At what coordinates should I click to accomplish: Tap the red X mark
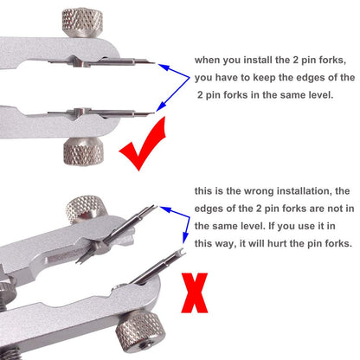click(x=195, y=292)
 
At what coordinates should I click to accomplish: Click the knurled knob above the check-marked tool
click(x=82, y=22)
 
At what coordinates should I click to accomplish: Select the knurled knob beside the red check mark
click(x=83, y=151)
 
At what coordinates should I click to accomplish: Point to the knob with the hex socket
click(x=141, y=332)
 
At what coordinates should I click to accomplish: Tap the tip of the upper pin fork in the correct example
click(x=155, y=63)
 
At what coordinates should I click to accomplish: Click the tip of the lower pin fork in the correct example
click(x=154, y=112)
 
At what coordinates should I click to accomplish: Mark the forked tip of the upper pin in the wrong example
click(x=154, y=207)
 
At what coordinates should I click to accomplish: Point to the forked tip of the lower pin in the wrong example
click(x=182, y=252)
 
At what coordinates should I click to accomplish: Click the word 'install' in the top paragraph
click(x=257, y=60)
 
